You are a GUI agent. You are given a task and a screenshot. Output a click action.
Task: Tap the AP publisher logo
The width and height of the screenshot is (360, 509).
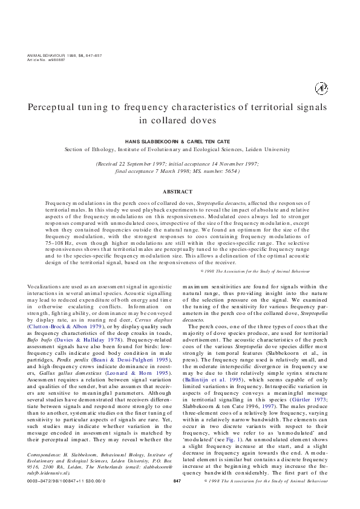coord(321,88)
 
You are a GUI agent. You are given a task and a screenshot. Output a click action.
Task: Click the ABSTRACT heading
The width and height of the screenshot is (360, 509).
coord(180,192)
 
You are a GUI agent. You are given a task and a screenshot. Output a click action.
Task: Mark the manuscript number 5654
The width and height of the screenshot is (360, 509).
coord(228,171)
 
